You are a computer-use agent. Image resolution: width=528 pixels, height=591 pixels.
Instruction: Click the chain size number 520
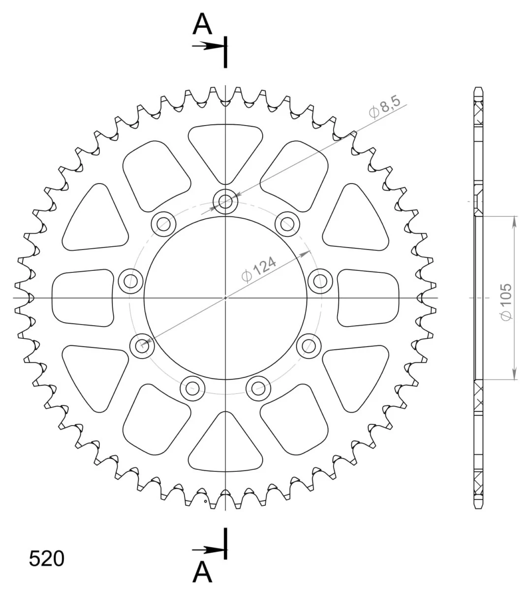tap(47, 558)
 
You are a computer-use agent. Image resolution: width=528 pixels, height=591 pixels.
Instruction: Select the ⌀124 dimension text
tap(259, 269)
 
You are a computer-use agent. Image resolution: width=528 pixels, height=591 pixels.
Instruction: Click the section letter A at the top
tap(202, 24)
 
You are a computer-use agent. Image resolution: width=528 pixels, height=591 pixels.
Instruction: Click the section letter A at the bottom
tap(202, 572)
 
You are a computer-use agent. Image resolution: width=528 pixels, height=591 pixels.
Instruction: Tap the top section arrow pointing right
tap(209, 46)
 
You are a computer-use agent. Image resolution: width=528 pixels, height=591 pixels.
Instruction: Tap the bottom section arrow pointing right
tap(209, 550)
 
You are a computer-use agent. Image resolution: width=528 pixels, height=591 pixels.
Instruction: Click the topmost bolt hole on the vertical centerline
tap(225, 201)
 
